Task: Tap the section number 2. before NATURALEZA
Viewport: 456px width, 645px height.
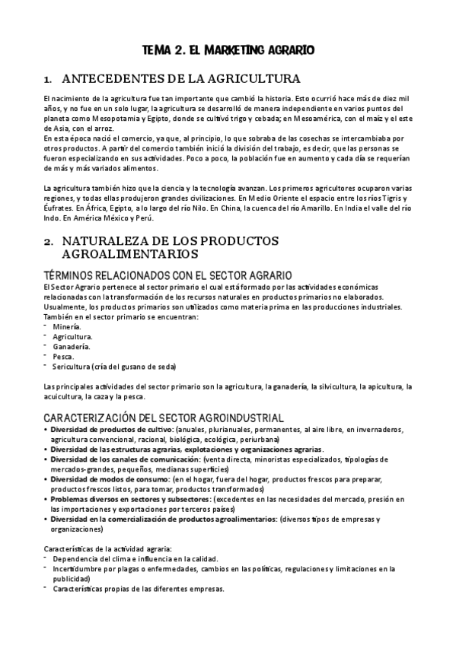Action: point(49,240)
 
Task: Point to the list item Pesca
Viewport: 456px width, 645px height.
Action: point(64,355)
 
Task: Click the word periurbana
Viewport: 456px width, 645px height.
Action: point(273,439)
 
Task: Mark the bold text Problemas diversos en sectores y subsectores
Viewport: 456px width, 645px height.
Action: point(131,500)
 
